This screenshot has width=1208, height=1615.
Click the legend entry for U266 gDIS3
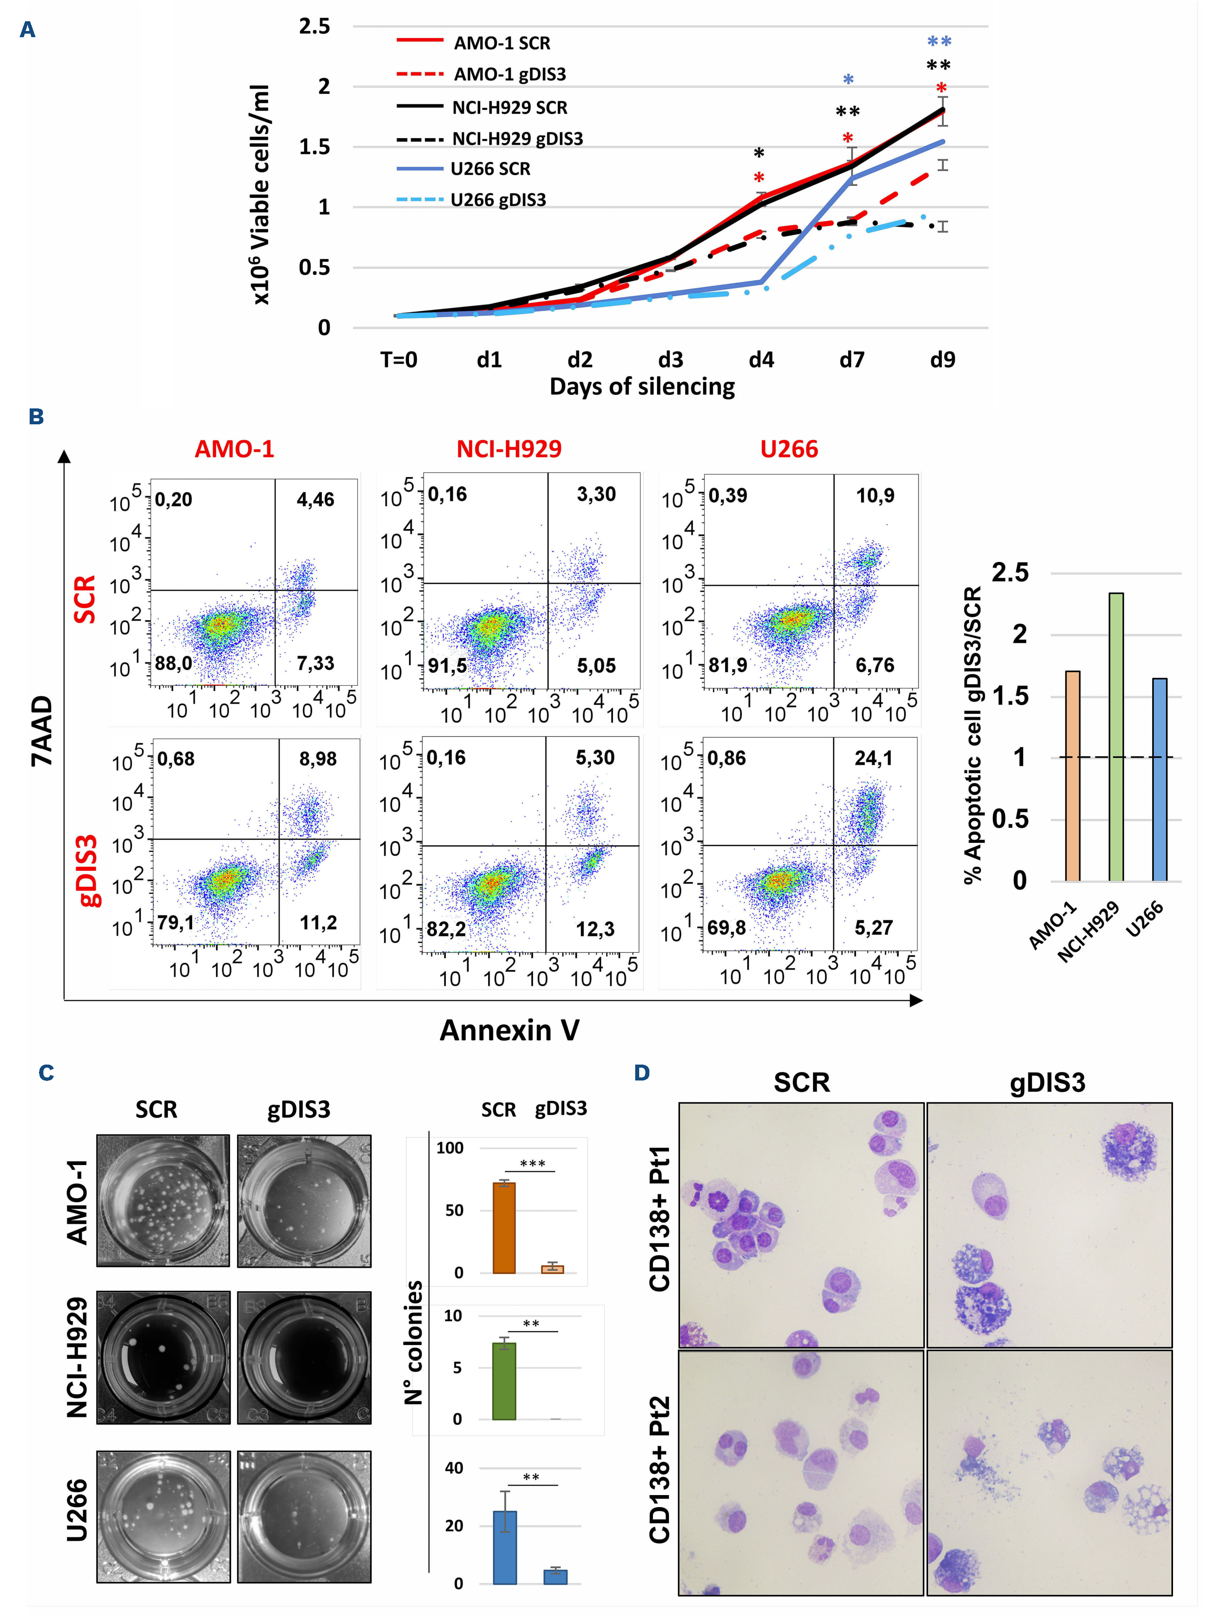tap(498, 200)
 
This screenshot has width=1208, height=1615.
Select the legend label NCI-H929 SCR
tap(509, 108)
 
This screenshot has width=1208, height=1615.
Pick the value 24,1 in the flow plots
tap(873, 758)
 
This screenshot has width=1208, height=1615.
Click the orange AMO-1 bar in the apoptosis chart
tap(1072, 775)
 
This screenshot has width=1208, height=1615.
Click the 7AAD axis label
tap(42, 730)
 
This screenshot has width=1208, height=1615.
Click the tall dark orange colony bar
tap(504, 1227)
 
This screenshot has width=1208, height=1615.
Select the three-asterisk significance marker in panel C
tap(533, 1164)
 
